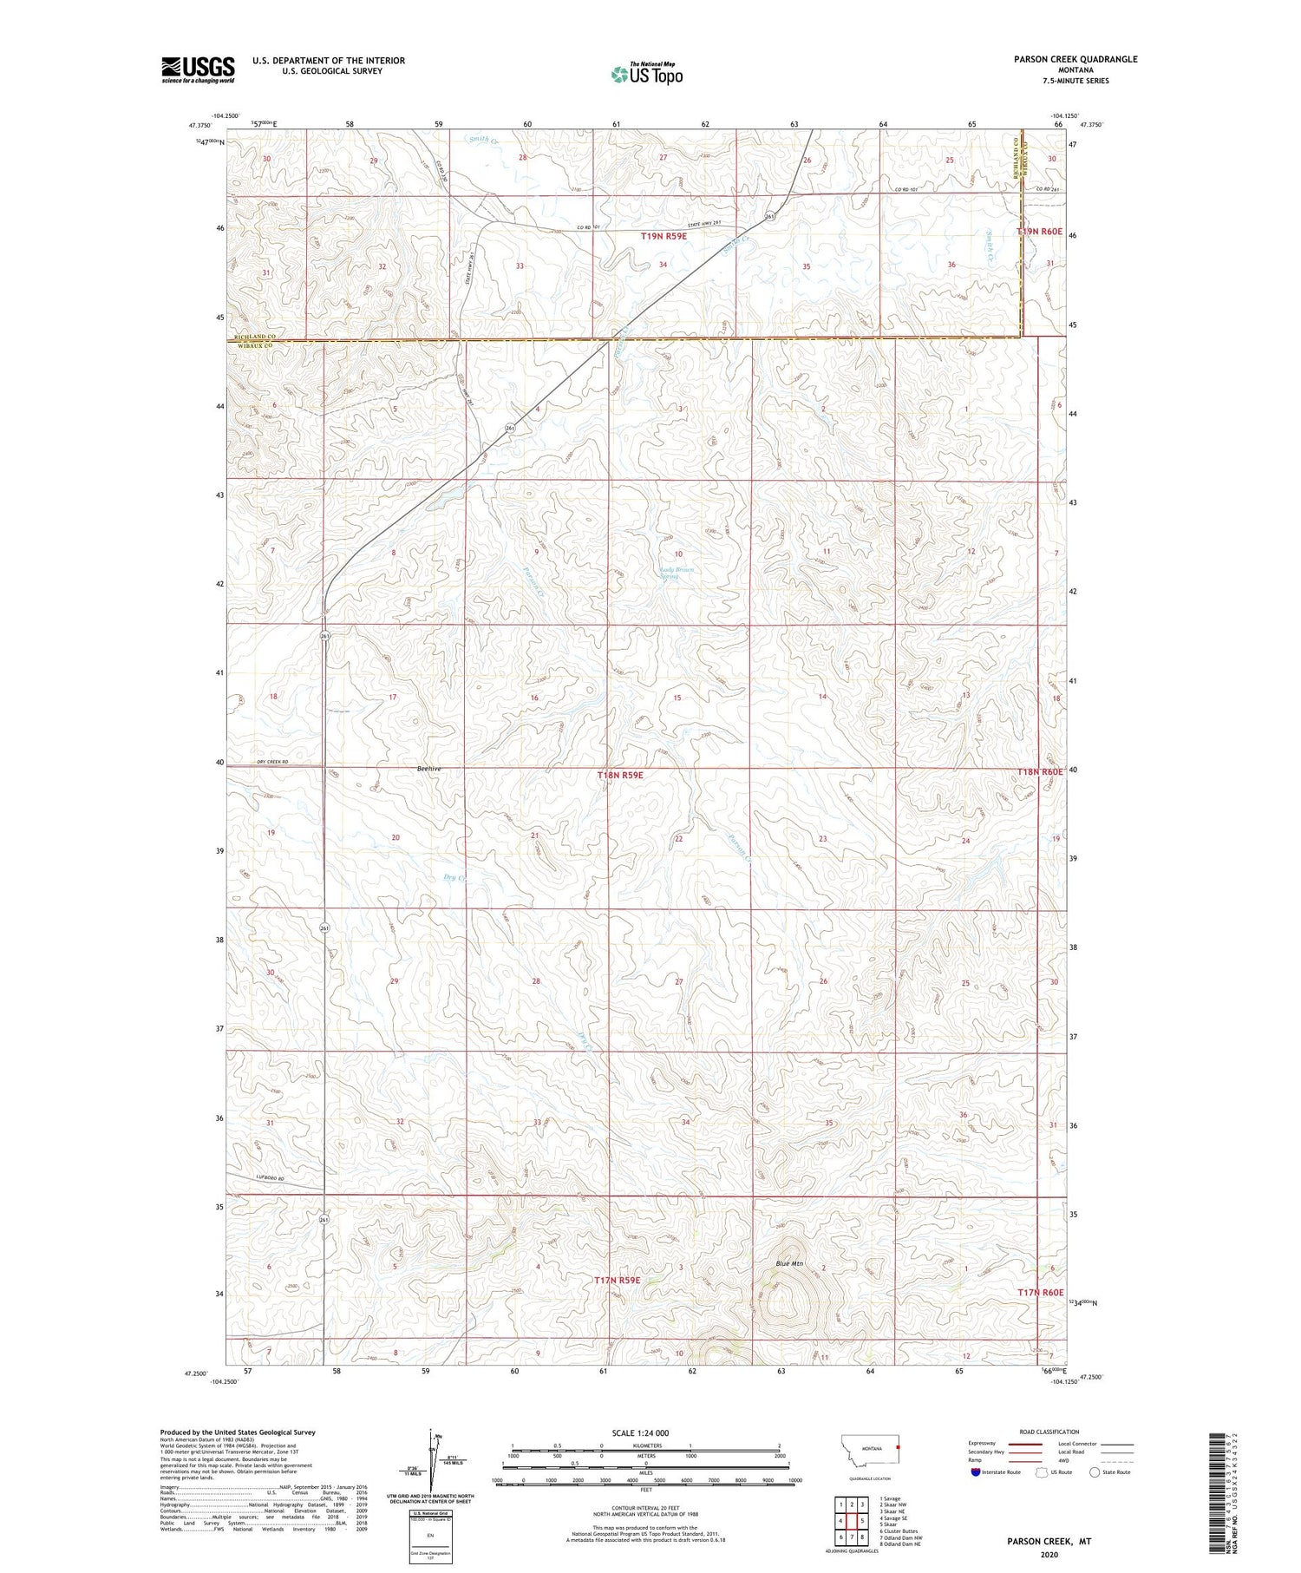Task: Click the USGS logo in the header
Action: (x=198, y=69)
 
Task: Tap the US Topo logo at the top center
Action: (x=646, y=75)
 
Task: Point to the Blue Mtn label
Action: (x=789, y=1263)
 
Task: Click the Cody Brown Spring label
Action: (x=677, y=573)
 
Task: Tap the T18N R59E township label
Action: (x=620, y=774)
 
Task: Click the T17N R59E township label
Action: (x=617, y=1280)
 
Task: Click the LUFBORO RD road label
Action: (x=248, y=1176)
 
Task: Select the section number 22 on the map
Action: (x=678, y=839)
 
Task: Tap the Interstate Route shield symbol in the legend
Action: (x=975, y=1472)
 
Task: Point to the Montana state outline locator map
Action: (x=870, y=1448)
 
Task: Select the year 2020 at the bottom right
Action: (x=1049, y=1554)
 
